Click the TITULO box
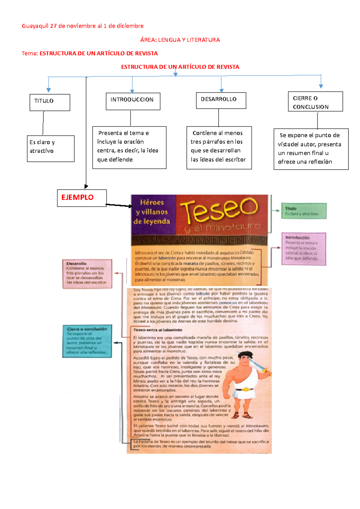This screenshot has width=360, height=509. tap(50, 103)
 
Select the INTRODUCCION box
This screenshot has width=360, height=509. tap(133, 101)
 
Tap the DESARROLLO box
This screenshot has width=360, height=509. tap(221, 100)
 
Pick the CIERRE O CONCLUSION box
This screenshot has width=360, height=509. tap(315, 102)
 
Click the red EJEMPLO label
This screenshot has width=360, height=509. tap(77, 198)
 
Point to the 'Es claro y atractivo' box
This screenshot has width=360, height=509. tap(50, 148)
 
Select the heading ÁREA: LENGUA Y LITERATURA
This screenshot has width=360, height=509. tap(180, 40)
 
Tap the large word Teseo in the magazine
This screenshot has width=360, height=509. tap(219, 210)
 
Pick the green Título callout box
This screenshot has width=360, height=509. tap(304, 211)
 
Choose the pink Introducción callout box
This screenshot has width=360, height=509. tap(304, 249)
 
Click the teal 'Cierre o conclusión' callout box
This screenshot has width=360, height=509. tap(87, 341)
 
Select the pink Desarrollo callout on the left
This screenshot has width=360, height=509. tap(87, 274)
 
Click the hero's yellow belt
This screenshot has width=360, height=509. tap(245, 389)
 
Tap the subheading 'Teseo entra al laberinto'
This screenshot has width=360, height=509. tap(158, 330)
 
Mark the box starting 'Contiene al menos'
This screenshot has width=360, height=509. tap(219, 148)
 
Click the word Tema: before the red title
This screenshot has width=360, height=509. tap(30, 53)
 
